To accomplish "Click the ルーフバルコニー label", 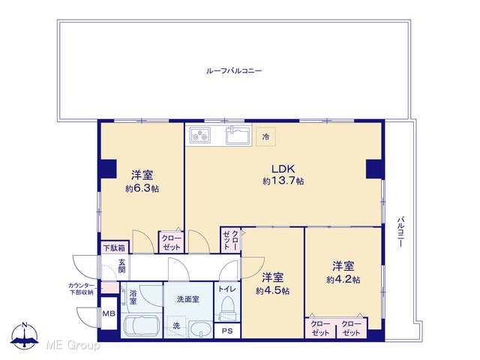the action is (x=234, y=71).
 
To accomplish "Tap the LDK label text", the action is (x=283, y=169).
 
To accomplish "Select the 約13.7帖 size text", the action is (x=283, y=181).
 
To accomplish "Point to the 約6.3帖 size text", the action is (x=142, y=188).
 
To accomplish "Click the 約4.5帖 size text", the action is (x=272, y=290).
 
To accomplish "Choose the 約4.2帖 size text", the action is (x=343, y=279).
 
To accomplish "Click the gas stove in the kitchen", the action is (x=200, y=135).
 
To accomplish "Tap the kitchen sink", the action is (x=238, y=135).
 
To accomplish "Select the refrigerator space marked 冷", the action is (x=265, y=136).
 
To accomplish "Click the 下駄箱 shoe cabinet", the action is (x=115, y=247).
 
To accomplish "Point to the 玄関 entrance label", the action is (x=121, y=265).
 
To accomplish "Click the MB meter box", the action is (x=109, y=313).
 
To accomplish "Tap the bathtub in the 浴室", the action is (x=141, y=326).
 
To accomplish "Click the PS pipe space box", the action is (x=227, y=331).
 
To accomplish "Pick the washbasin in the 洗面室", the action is (x=200, y=330).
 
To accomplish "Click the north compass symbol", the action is (x=25, y=335).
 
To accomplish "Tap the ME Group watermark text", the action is (x=73, y=346).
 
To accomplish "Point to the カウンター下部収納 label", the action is (x=81, y=289).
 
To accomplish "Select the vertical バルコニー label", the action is (x=400, y=232).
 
